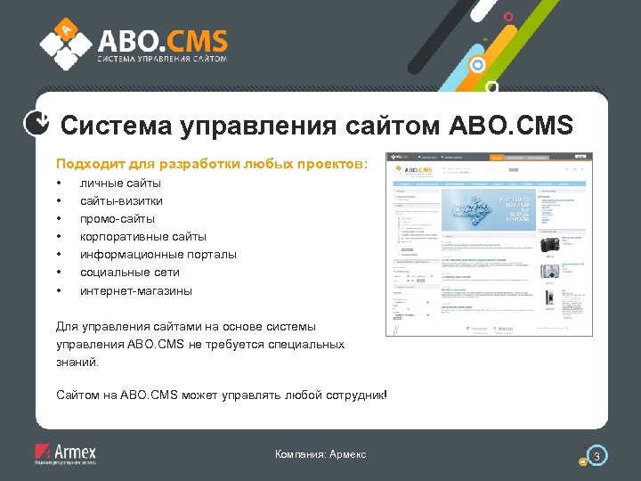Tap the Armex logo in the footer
point(65,453)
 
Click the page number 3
point(598,457)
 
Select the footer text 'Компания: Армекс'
point(320,455)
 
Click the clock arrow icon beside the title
point(34,124)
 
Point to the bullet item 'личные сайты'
point(108,183)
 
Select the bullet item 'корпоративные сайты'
point(142,236)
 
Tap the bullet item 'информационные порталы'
point(158,254)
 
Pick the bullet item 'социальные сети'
point(129,272)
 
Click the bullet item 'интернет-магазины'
point(135,290)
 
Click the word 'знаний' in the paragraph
point(77,363)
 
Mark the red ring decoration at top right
point(508,16)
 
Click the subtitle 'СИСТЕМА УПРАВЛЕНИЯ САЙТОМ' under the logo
point(161,59)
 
